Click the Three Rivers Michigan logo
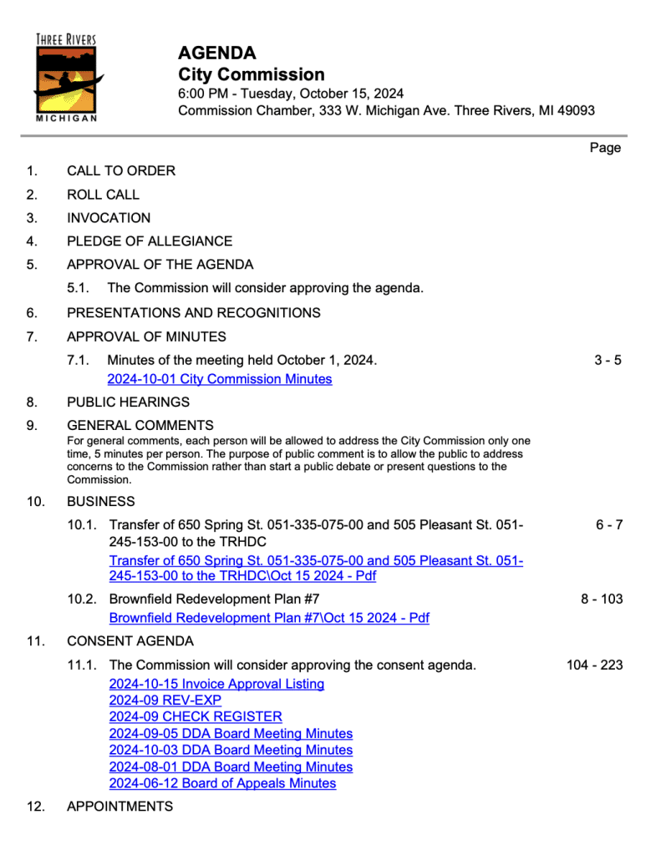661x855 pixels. [67, 78]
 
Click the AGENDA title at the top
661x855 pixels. [217, 53]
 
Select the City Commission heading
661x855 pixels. [252, 74]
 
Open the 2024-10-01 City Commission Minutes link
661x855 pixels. [220, 379]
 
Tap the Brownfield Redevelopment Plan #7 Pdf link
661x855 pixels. [269, 618]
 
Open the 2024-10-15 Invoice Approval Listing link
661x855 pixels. [216, 684]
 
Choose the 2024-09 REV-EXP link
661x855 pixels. [165, 701]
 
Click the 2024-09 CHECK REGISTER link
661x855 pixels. [196, 716]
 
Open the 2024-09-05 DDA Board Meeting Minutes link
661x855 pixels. [231, 733]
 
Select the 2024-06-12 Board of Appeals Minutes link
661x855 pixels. [222, 783]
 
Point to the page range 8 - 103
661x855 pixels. [602, 599]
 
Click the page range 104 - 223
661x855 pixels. [594, 665]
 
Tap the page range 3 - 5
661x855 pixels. [608, 361]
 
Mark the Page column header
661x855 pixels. [605, 148]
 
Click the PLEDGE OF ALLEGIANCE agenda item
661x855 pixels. [150, 241]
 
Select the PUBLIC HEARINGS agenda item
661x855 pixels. [128, 402]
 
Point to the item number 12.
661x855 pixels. [34, 807]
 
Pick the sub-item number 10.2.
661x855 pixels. [82, 599]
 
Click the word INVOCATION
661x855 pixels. [109, 218]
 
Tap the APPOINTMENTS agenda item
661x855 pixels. [119, 807]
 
